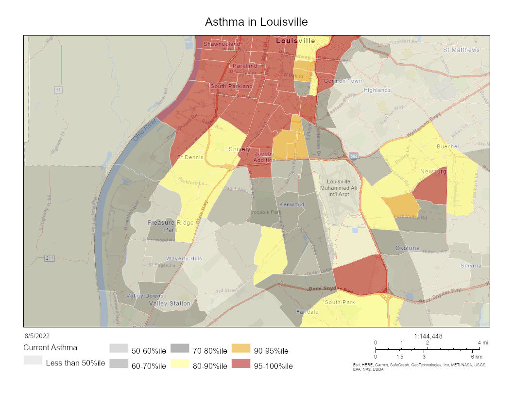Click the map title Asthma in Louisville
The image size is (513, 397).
(256, 22)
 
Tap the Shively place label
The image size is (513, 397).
(239, 149)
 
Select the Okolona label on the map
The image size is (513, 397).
(407, 248)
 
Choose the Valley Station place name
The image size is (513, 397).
(170, 304)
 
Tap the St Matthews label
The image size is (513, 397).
(461, 50)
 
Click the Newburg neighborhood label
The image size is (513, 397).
(433, 172)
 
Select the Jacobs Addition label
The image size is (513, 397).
(264, 157)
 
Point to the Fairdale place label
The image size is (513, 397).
(308, 311)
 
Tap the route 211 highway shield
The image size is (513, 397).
(50, 258)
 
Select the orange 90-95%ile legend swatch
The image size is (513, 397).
(241, 349)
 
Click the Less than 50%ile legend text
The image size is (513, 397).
(75, 363)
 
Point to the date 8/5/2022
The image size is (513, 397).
(37, 336)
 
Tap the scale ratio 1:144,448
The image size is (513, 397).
(428, 336)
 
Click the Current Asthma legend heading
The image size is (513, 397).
(50, 348)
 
